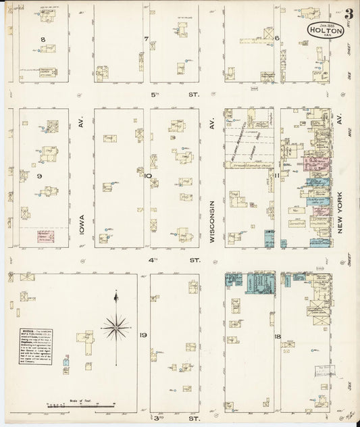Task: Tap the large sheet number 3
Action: pyautogui.click(x=349, y=14)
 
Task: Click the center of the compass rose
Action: pyautogui.click(x=116, y=327)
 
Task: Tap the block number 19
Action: pyautogui.click(x=144, y=335)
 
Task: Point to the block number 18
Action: pyautogui.click(x=277, y=335)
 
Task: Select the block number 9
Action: pyautogui.click(x=40, y=176)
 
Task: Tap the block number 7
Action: pyautogui.click(x=145, y=39)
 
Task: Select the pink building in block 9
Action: pyautogui.click(x=46, y=236)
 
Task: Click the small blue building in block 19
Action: pyautogui.click(x=66, y=362)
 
